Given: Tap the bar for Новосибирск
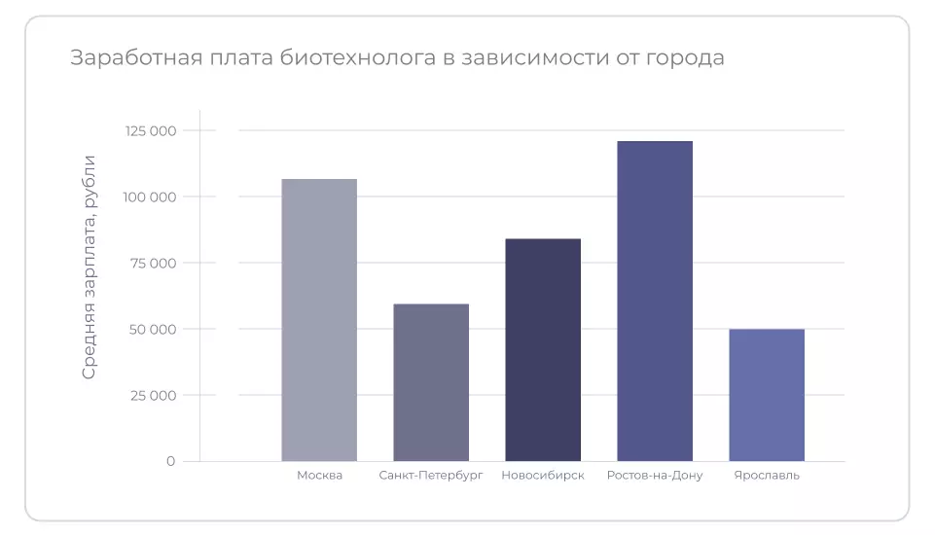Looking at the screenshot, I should coord(543,349).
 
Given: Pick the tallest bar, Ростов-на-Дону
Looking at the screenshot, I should coord(655,301).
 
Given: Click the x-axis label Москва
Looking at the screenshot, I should coord(319,476).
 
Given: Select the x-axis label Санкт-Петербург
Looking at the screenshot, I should coord(431,476).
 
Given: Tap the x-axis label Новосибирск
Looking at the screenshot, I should coord(543,476).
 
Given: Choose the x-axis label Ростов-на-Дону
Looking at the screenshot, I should coord(655,476).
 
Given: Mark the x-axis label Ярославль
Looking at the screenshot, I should coord(767,476).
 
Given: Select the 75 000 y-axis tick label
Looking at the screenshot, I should coord(153,263).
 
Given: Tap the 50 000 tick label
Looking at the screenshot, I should coord(152,329).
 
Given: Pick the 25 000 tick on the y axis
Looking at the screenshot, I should coord(152,395).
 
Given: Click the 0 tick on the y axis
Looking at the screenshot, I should coord(170,461).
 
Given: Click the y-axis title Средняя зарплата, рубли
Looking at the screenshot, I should coord(90,267).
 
